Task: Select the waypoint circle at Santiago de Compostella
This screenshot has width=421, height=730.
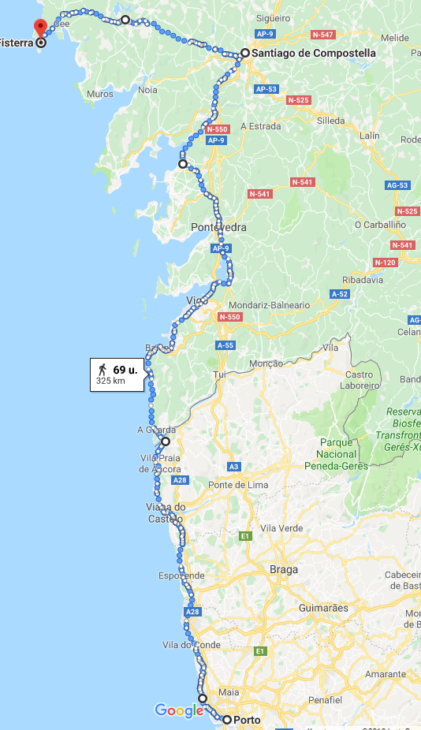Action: click(245, 53)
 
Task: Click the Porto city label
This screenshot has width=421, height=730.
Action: click(247, 720)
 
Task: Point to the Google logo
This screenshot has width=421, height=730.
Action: click(179, 711)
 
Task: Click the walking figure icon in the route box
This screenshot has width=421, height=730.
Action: click(102, 369)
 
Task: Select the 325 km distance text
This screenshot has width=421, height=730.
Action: click(110, 381)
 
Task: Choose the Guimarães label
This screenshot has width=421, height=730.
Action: click(323, 609)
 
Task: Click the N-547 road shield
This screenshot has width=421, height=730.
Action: click(322, 35)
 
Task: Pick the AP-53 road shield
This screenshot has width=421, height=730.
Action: click(266, 89)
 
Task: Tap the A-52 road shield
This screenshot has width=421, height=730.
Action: click(340, 294)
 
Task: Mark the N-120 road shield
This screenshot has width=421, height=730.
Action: click(386, 263)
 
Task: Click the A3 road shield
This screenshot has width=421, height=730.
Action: click(233, 467)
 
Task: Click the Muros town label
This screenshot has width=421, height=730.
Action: click(100, 94)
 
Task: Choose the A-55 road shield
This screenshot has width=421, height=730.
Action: click(225, 345)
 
